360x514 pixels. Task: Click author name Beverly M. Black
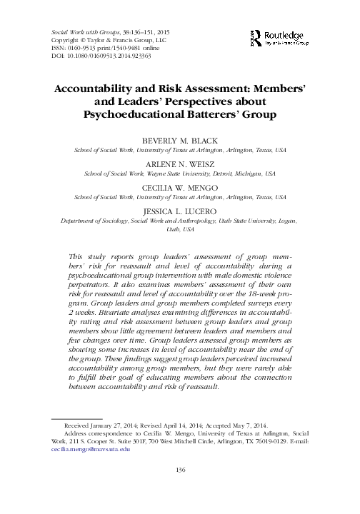tap(180, 141)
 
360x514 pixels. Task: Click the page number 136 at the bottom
tap(180, 488)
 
